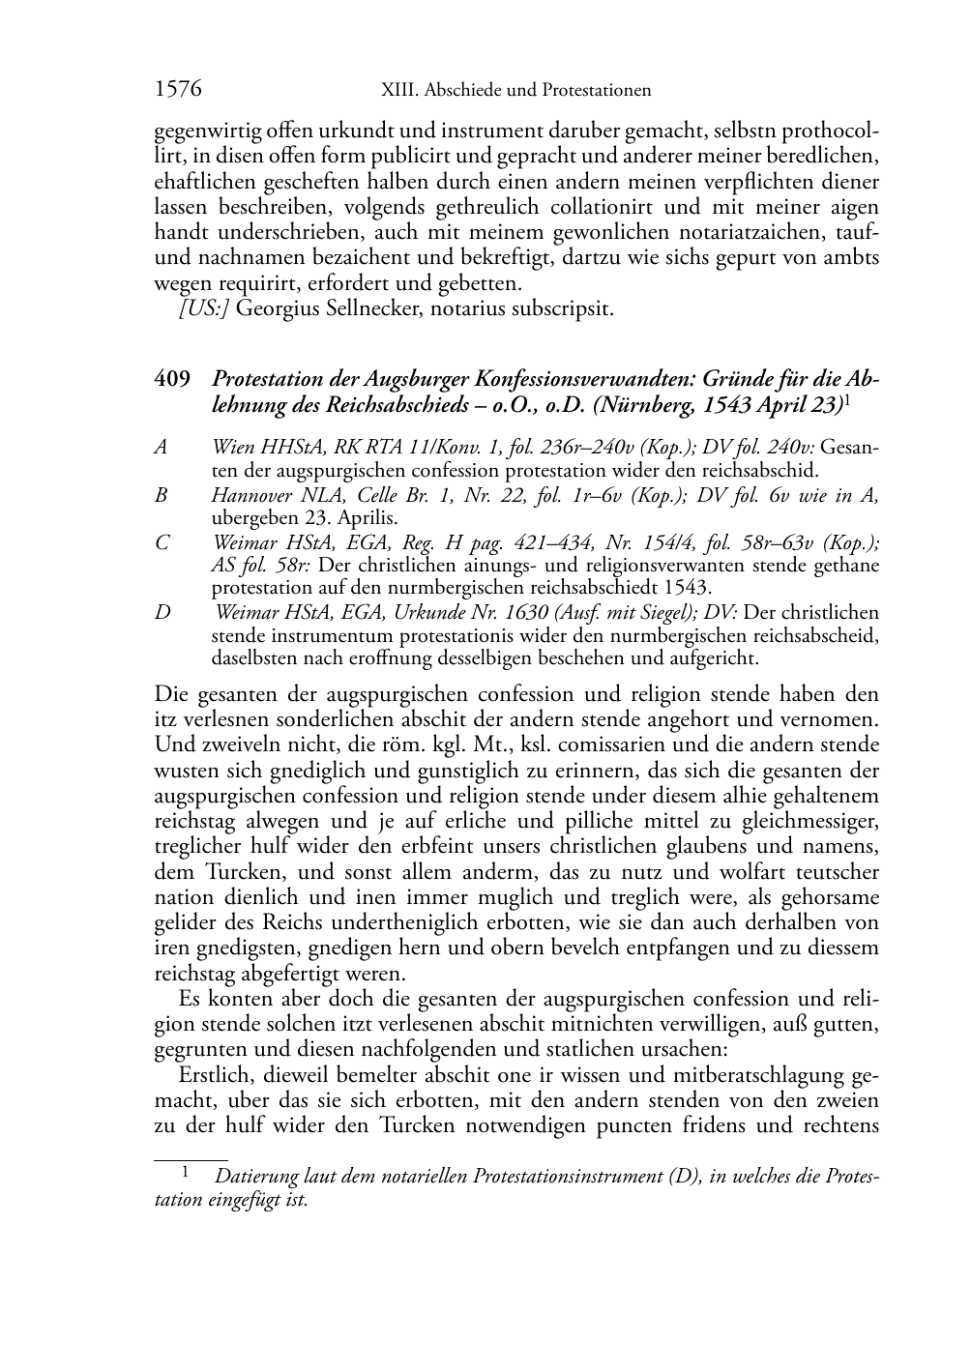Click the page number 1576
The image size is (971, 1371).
(178, 90)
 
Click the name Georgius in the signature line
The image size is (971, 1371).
(274, 309)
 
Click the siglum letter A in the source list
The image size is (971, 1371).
(161, 447)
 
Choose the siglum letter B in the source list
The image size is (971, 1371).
(161, 495)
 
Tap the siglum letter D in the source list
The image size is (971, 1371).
(162, 613)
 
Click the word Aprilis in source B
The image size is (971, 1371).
(323, 517)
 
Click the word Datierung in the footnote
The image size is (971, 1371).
(257, 1177)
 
